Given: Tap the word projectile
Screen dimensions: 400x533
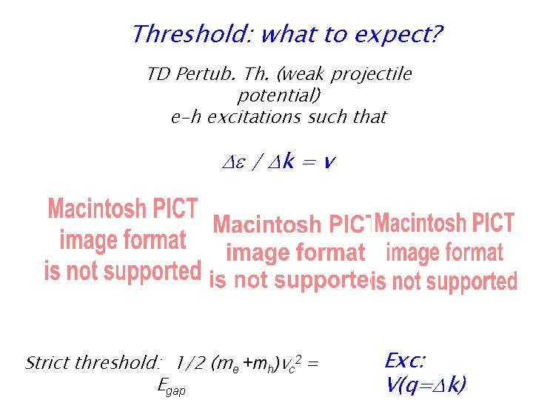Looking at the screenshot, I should tap(371, 75).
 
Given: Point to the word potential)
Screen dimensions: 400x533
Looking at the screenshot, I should tap(278, 96).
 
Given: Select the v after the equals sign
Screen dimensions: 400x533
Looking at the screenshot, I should tap(329, 161).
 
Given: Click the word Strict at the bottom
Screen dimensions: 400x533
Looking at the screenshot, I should tap(50, 363).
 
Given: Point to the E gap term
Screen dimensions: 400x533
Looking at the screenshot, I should tap(172, 386).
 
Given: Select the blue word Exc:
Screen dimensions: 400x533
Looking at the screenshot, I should tap(405, 361).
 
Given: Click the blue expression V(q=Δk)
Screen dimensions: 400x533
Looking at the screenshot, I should tap(426, 384).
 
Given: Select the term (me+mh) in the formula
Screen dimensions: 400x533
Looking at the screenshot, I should tap(244, 364).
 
